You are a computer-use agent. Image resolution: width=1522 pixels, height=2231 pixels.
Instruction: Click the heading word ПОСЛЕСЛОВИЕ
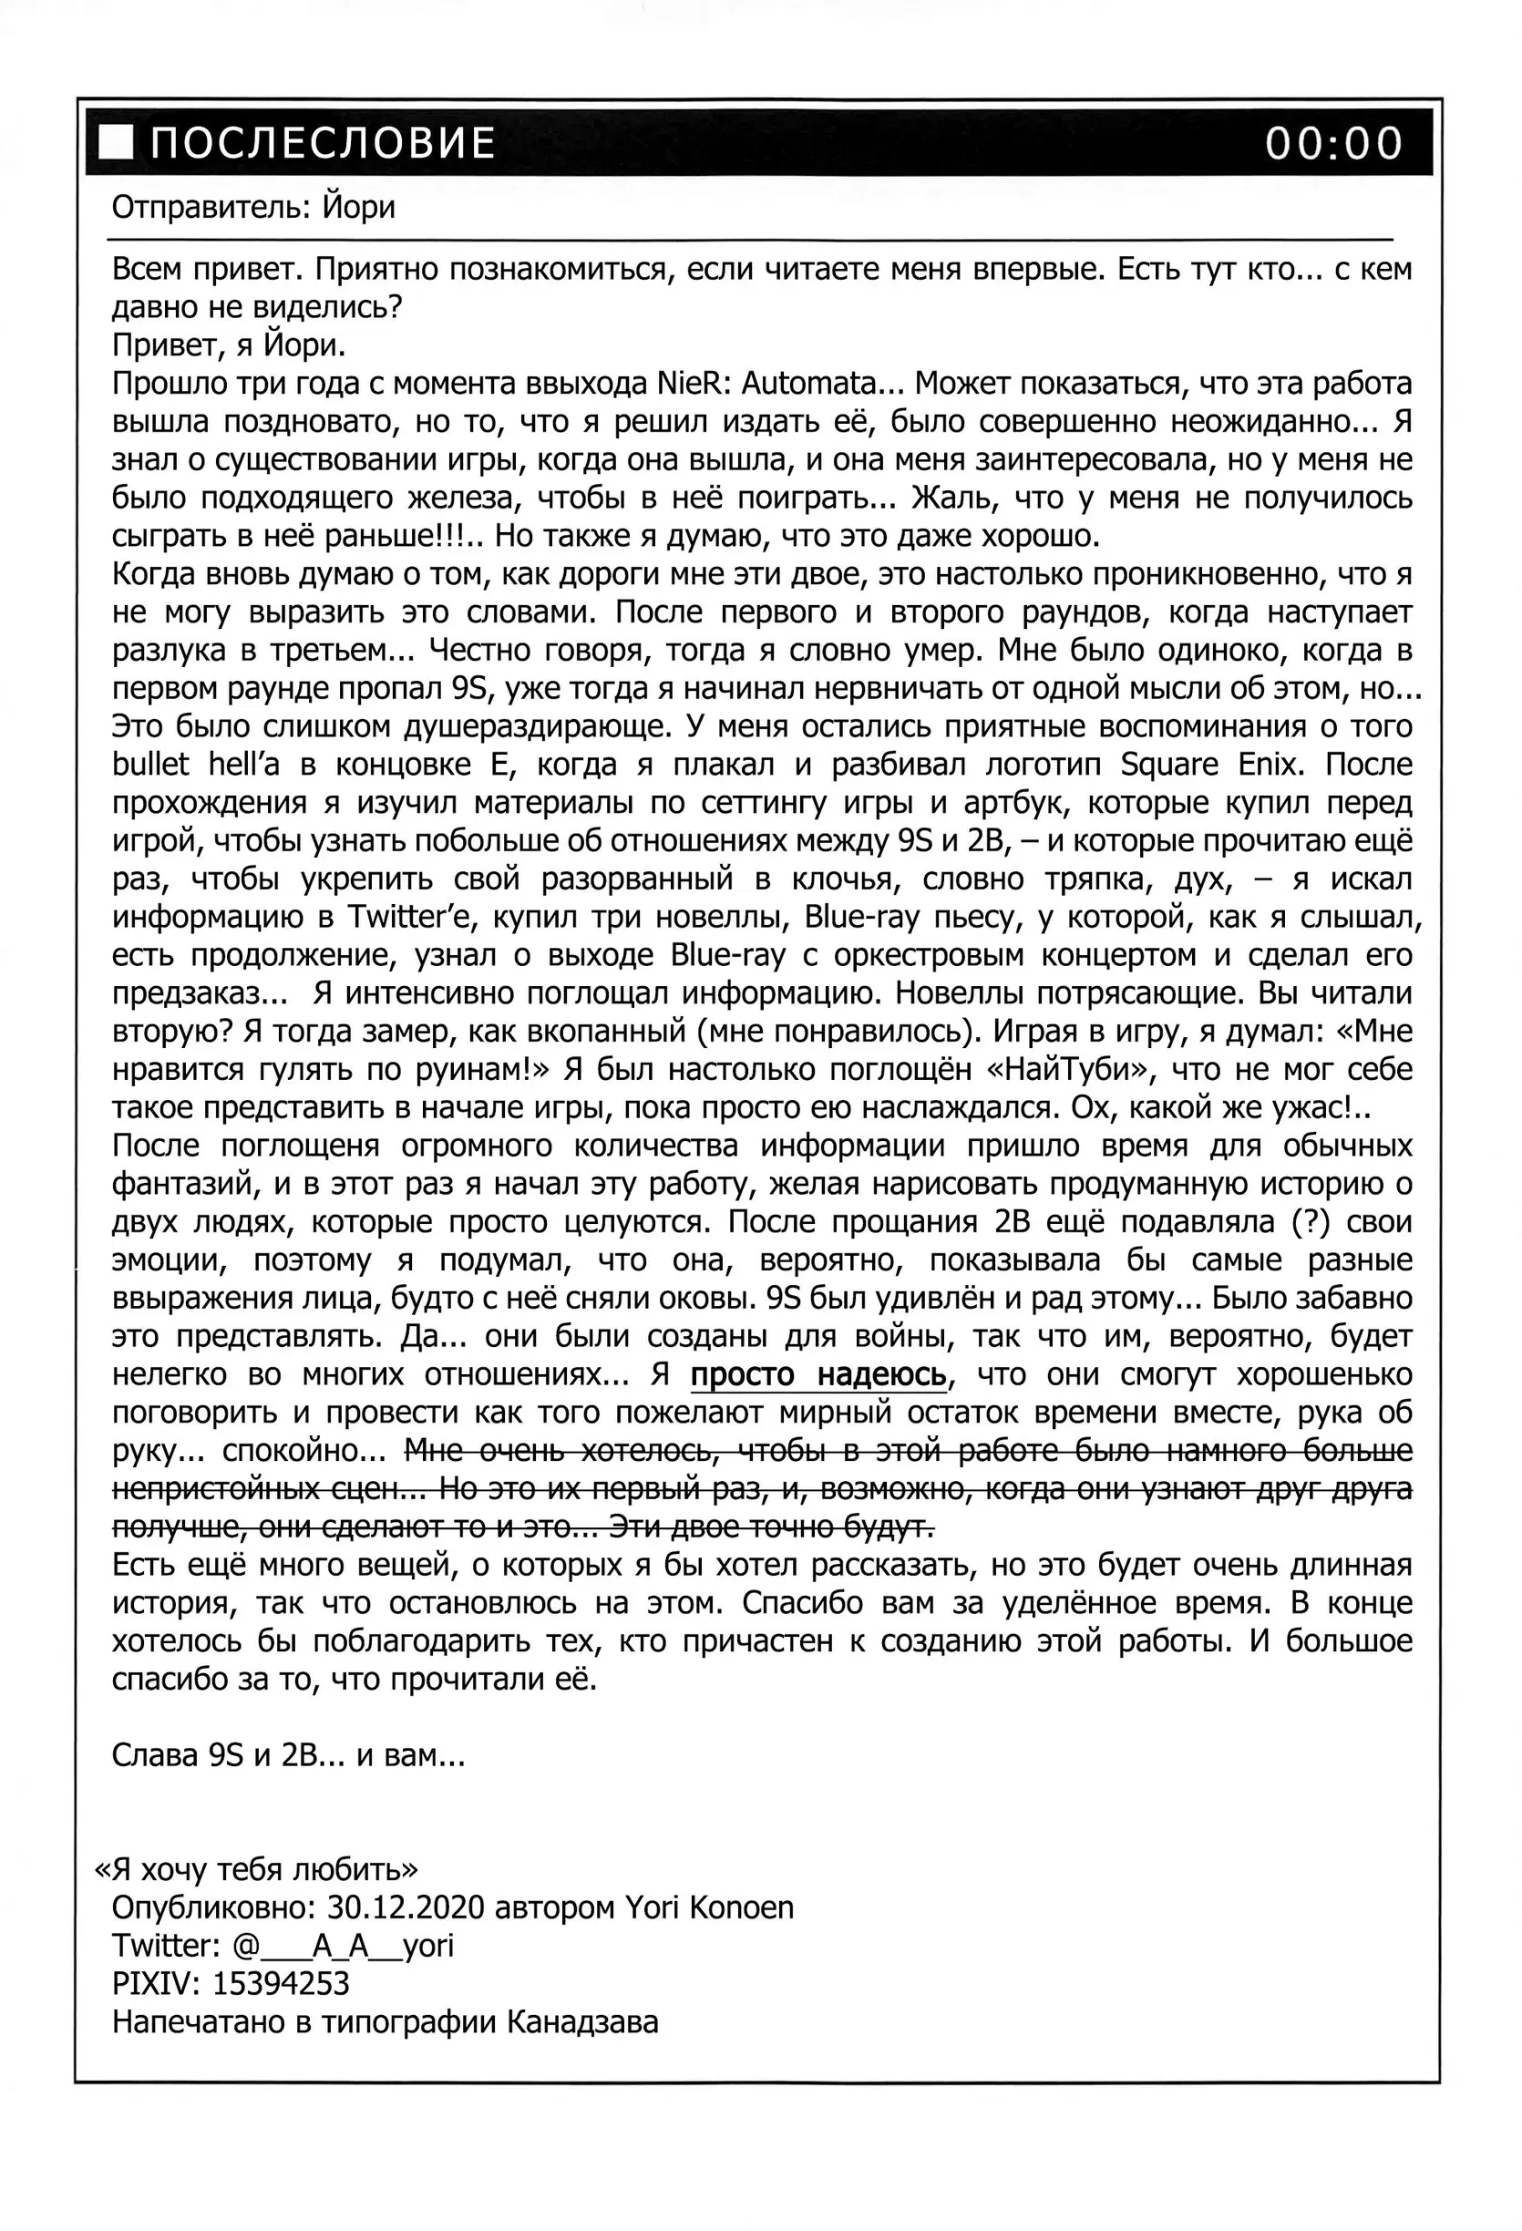pos(323,143)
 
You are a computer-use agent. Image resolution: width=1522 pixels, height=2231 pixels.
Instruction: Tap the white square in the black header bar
pos(118,142)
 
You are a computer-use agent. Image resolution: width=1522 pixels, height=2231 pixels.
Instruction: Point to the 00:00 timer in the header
pos(1332,143)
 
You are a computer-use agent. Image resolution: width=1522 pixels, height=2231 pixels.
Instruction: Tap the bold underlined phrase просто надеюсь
pos(819,1375)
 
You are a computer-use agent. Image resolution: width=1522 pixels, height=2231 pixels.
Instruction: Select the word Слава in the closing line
pos(155,1756)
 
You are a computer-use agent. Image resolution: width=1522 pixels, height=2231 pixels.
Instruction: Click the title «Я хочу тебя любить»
pos(256,1869)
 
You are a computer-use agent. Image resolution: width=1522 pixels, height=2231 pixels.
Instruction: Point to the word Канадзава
pos(581,2022)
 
